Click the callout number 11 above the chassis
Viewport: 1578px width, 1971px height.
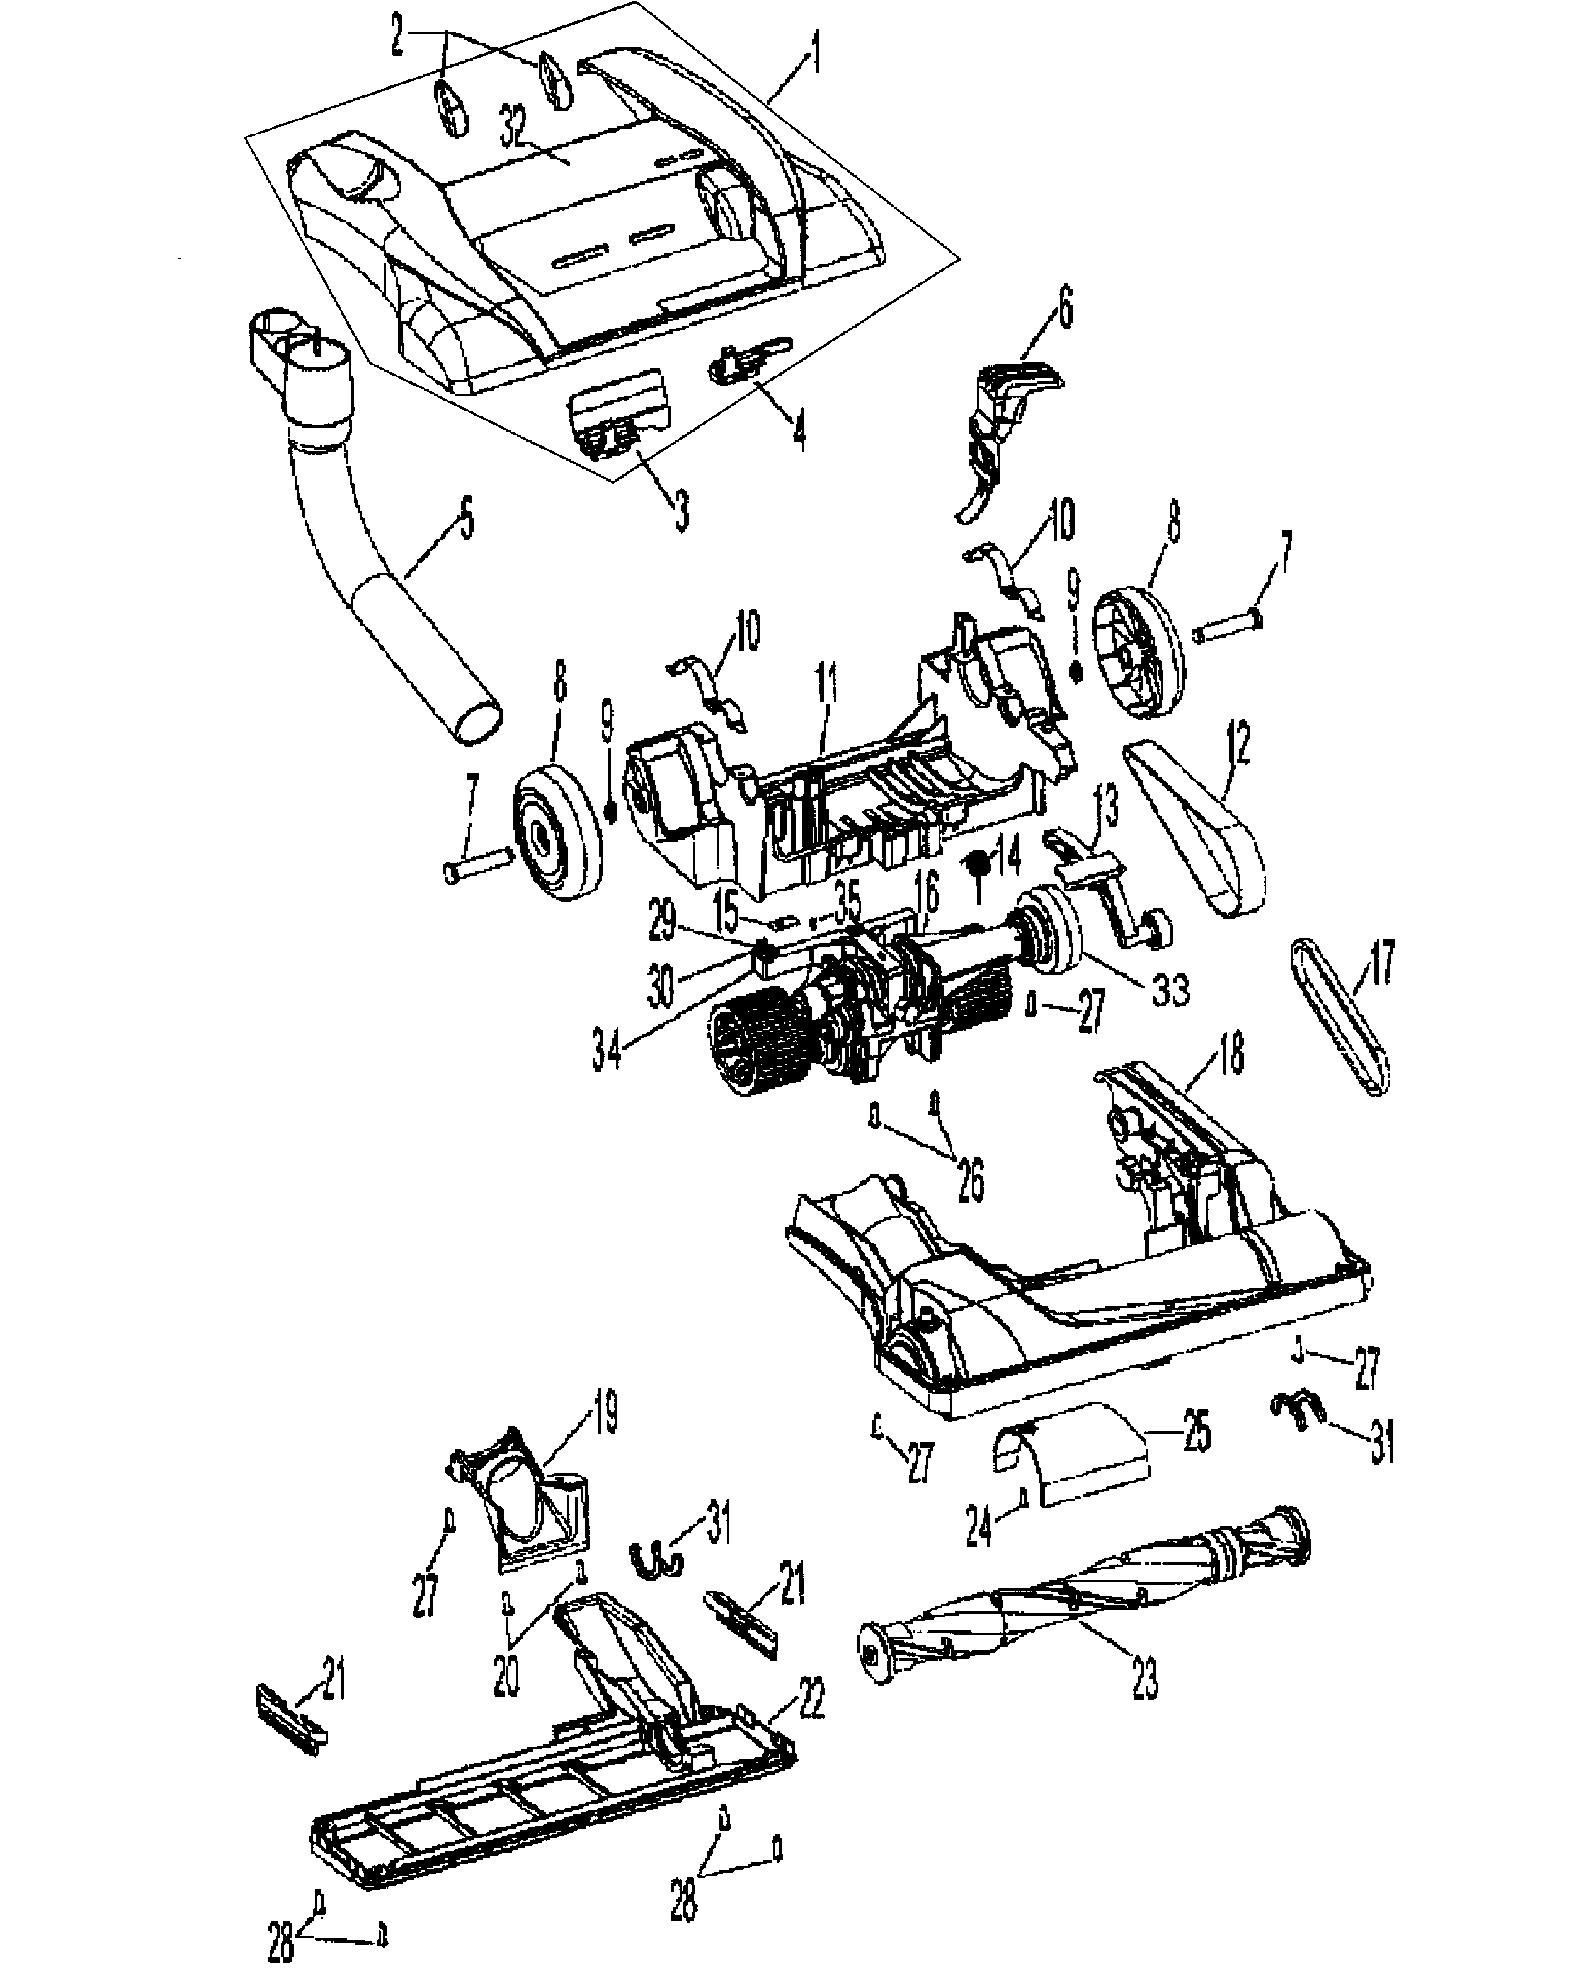point(826,704)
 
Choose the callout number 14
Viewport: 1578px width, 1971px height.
point(1008,856)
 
